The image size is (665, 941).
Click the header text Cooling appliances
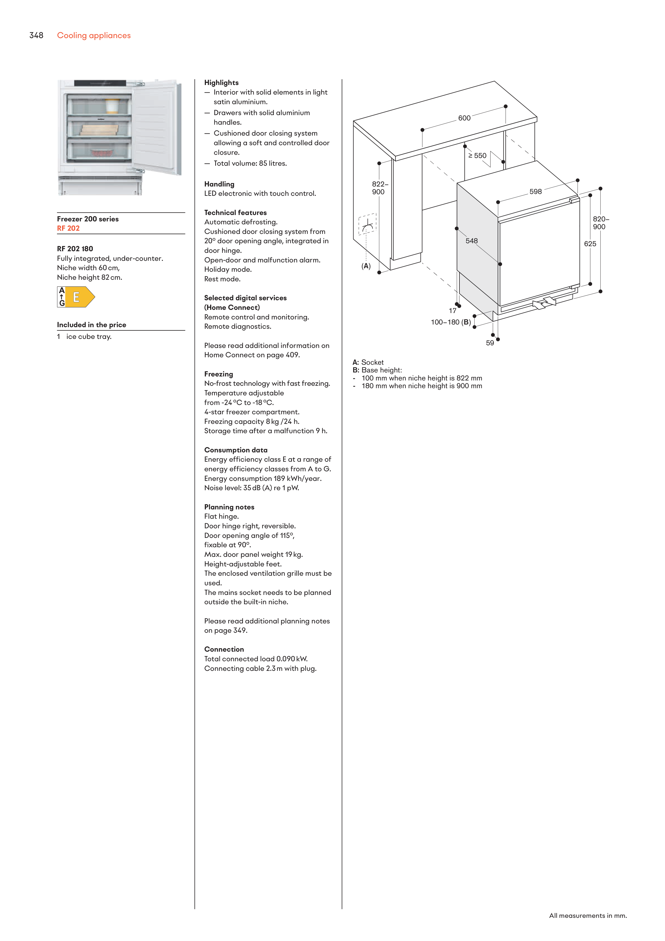pos(94,36)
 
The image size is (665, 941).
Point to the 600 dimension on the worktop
pos(464,118)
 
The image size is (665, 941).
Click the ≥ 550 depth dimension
pos(477,156)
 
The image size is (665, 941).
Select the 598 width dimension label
pos(536,192)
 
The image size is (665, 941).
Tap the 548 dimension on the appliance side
pos(472,241)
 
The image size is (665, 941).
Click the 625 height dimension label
pos(590,244)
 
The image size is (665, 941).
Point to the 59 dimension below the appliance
pos(490,343)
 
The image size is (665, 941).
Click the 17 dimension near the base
pos(452,311)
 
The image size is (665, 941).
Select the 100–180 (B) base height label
pos(451,322)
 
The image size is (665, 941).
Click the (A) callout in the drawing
pos(366,266)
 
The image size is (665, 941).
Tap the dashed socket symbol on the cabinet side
pos(368,224)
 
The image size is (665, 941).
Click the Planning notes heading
pos(229,507)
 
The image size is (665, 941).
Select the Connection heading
pos(224,649)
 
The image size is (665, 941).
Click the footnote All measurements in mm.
pos(588,916)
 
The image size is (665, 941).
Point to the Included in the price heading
pos(91,325)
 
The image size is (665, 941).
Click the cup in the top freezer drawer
pos(112,106)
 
